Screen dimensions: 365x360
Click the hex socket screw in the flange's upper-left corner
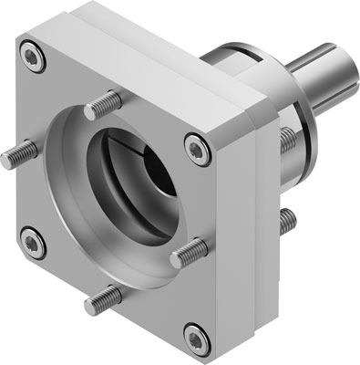pyautogui.click(x=34, y=59)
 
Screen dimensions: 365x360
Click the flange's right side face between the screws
pyautogui.click(x=232, y=228)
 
